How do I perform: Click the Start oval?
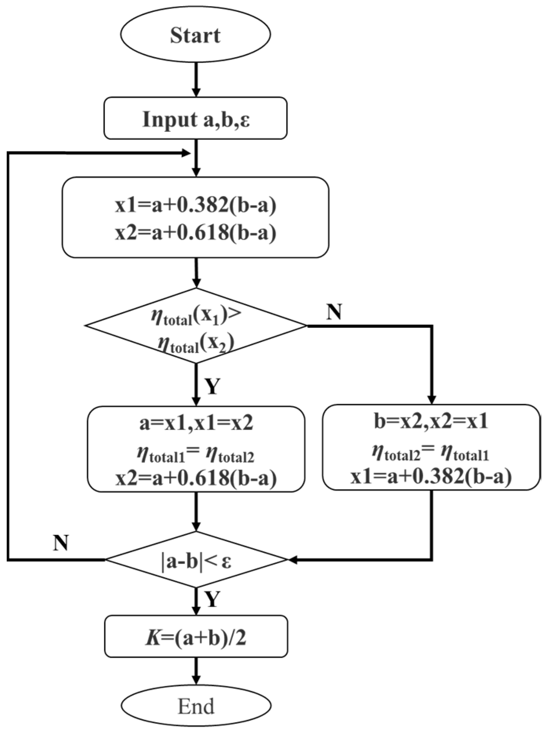coord(195,35)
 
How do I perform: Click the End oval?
coord(196,707)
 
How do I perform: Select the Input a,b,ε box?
coord(195,119)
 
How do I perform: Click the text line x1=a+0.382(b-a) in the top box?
coord(195,205)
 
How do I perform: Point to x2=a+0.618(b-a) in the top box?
coord(195,233)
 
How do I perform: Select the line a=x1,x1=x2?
coord(196,424)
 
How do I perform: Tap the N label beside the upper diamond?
coord(334,312)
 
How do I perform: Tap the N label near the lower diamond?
coord(61,543)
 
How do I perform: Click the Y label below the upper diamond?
coord(212,387)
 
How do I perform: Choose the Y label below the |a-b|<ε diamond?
coord(212,599)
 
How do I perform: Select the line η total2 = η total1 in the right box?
coord(431,454)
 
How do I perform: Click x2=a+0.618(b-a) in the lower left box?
coord(196,478)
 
